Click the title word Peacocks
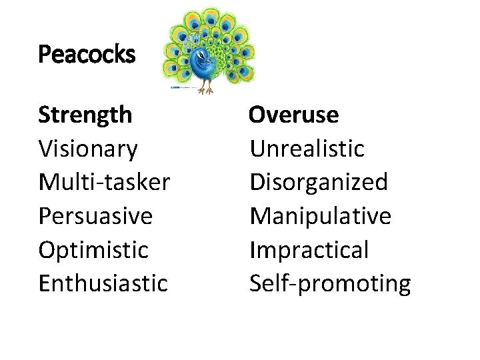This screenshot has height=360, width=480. tap(87, 54)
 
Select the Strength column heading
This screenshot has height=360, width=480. tap(85, 115)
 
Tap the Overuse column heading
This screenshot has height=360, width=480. tap(294, 115)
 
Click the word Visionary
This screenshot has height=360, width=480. tap(88, 149)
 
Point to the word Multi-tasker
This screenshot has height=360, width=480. tap(105, 182)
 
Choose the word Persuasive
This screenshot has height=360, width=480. tap(96, 216)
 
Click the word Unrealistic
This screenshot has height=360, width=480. tap(307, 149)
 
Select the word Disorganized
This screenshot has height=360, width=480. tap(319, 182)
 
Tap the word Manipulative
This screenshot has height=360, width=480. tap(321, 216)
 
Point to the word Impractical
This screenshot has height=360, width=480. tap(309, 250)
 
